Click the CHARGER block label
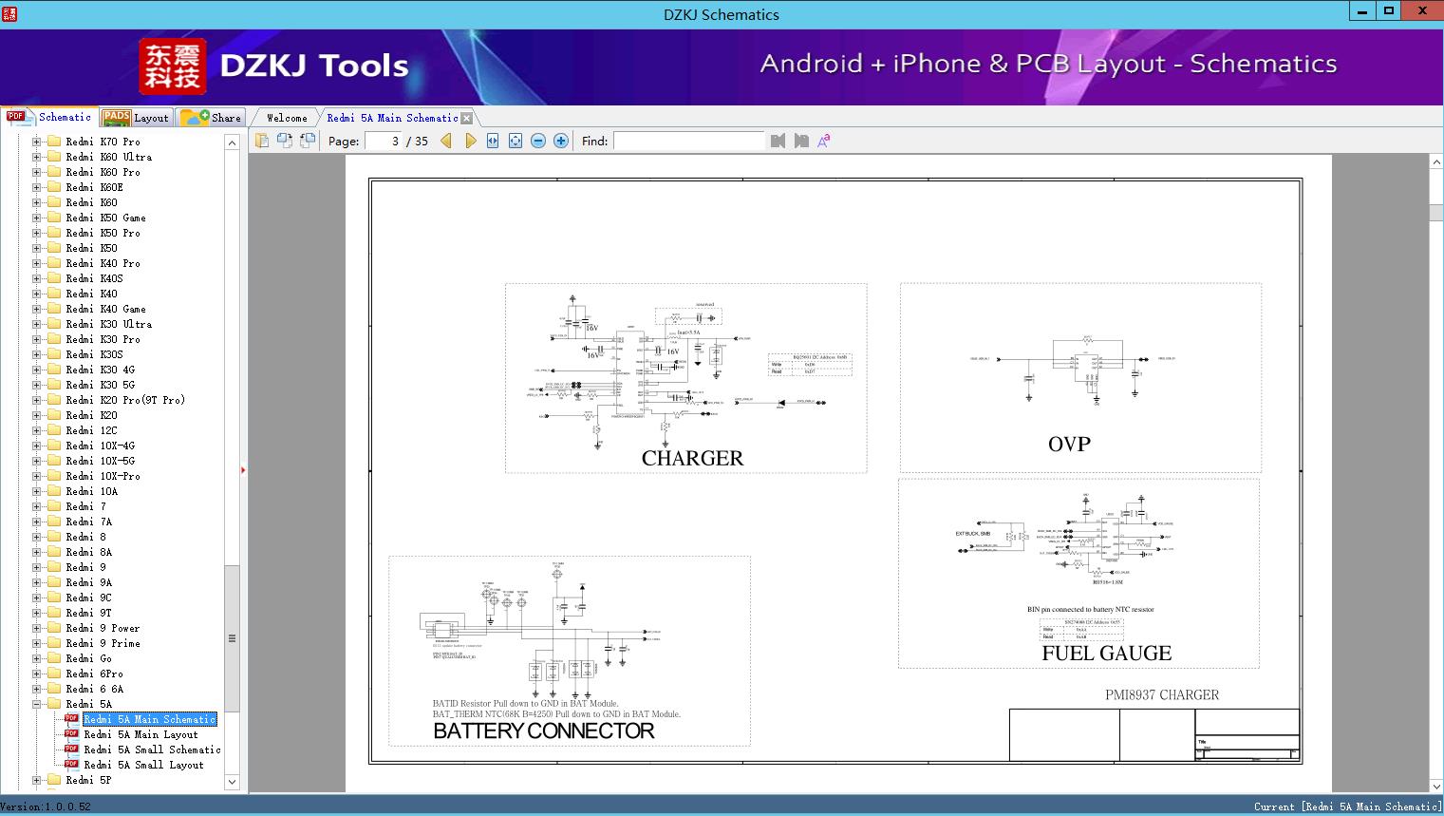[x=692, y=458]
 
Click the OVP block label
[x=1069, y=444]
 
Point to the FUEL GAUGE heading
[x=1106, y=653]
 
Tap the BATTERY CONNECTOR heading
[x=543, y=731]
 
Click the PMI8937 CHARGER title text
[x=1161, y=694]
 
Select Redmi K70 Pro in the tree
[x=103, y=142]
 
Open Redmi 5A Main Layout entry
[x=141, y=734]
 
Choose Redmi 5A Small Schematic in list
[x=152, y=750]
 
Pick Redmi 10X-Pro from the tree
[x=103, y=476]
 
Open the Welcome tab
[x=287, y=118]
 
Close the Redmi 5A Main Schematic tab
[x=466, y=119]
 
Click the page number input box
[x=384, y=141]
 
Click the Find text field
[x=688, y=141]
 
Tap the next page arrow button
[x=470, y=141]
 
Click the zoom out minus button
[x=538, y=141]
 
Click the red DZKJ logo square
[x=173, y=66]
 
